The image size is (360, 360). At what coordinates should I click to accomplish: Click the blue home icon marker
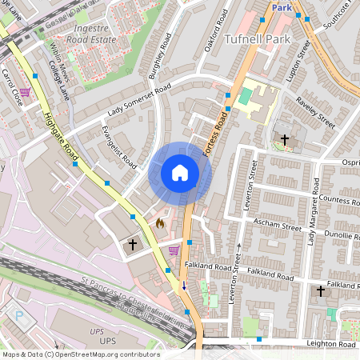point(180,172)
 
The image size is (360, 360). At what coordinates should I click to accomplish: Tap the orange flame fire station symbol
point(160,223)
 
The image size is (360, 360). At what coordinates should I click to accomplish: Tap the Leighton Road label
point(331,344)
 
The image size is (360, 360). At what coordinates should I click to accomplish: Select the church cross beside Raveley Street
point(285,140)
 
